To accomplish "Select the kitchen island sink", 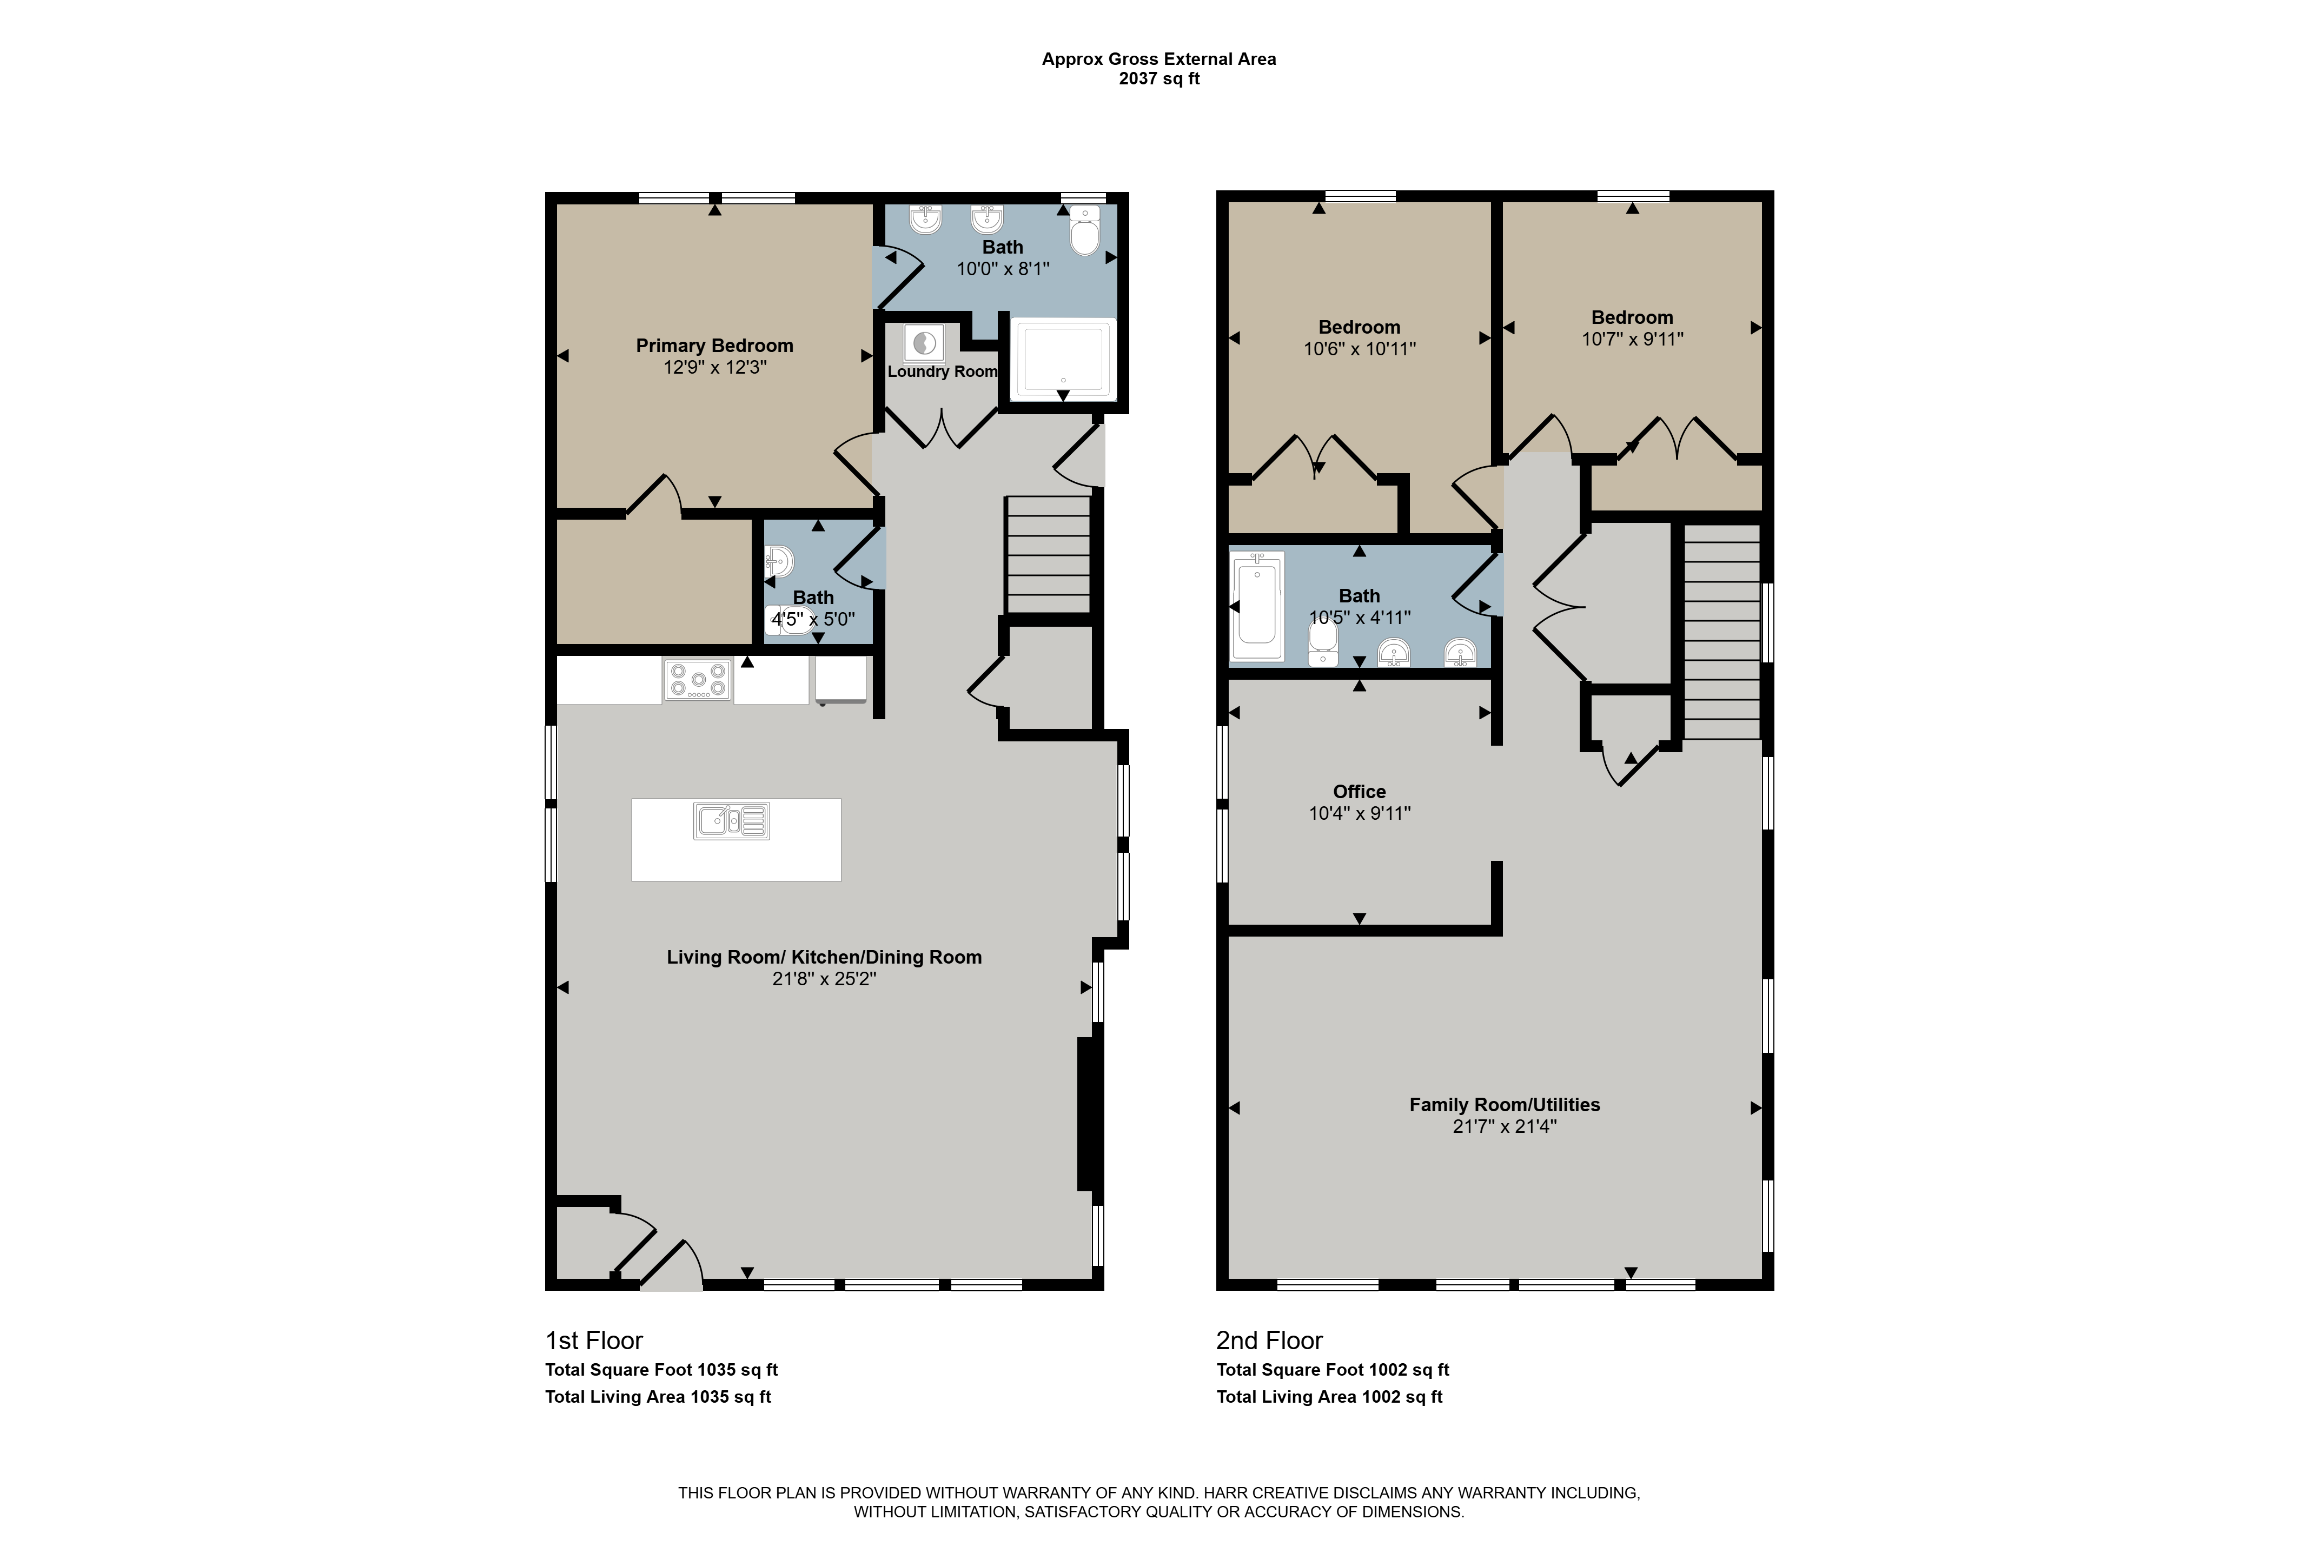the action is coord(732,820).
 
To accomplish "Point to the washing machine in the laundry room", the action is coord(924,343).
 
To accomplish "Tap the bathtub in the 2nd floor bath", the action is coord(1257,606).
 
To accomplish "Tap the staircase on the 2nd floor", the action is coord(1721,631).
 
